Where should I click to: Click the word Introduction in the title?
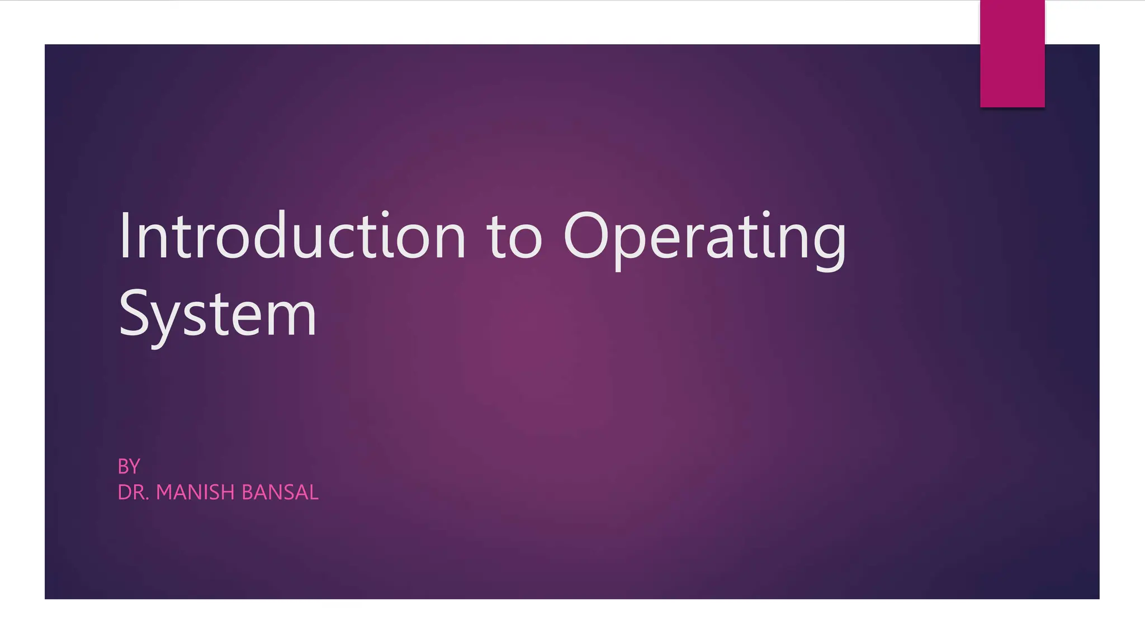click(x=292, y=236)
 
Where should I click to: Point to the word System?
click(x=217, y=315)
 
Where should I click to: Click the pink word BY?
click(x=129, y=466)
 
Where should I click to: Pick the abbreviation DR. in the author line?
click(x=133, y=493)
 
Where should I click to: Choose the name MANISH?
click(x=195, y=493)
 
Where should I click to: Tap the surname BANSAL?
click(x=280, y=493)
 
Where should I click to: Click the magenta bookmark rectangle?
click(x=1012, y=54)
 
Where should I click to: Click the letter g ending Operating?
click(x=830, y=243)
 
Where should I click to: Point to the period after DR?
click(x=147, y=499)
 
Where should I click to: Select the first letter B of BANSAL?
click(x=248, y=493)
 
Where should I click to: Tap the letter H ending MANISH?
click(x=228, y=493)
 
